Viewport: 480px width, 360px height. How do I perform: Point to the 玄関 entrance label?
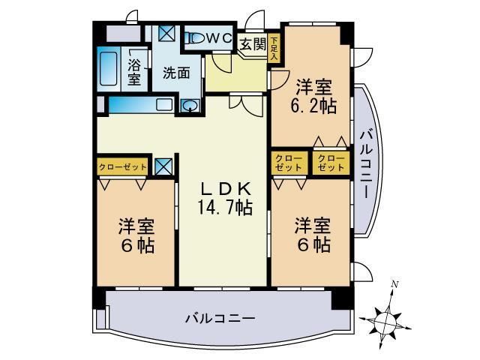point(253,43)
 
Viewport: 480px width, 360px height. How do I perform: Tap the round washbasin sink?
point(190,106)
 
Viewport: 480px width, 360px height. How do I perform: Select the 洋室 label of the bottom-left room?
point(136,226)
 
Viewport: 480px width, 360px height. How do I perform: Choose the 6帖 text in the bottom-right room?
point(312,244)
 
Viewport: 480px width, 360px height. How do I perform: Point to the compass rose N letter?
point(395,283)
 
